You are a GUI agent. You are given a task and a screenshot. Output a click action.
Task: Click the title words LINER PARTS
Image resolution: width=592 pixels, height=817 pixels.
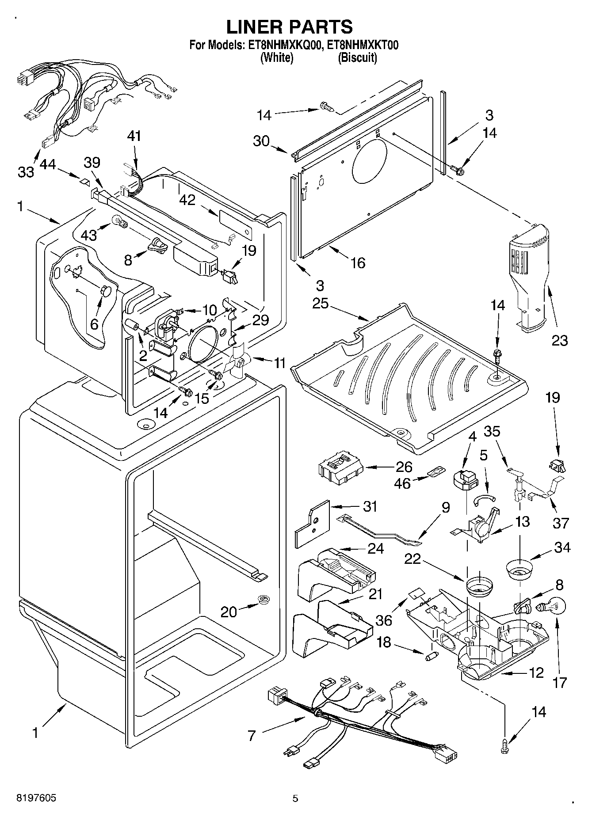[290, 27]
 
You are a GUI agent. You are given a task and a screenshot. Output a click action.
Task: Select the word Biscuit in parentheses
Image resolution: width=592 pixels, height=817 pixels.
[358, 57]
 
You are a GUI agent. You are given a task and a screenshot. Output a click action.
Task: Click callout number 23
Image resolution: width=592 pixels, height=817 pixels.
[559, 340]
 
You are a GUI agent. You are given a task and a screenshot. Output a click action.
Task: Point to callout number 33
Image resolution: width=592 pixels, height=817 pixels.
[26, 171]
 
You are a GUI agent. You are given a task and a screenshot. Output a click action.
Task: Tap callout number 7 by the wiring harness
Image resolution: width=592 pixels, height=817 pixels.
[252, 736]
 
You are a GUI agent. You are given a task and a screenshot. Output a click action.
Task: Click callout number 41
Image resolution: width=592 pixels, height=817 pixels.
[134, 136]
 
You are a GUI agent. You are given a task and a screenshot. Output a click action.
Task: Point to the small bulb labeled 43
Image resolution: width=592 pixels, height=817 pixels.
[120, 221]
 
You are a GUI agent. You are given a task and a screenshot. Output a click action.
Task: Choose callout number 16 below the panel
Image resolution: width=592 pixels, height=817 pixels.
[358, 263]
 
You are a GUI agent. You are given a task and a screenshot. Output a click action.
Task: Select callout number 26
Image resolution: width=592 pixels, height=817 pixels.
[404, 467]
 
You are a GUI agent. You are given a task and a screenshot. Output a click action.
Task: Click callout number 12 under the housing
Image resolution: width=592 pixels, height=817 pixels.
[536, 673]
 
